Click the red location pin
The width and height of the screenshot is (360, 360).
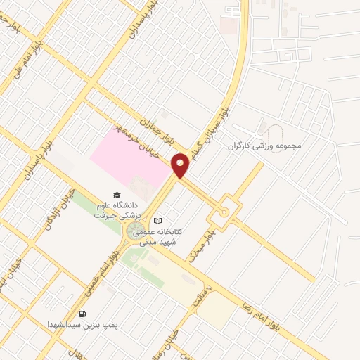[181, 165]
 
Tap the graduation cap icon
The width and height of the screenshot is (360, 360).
[115, 195]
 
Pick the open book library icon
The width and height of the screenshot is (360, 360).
[157, 220]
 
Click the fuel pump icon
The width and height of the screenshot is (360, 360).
[84, 314]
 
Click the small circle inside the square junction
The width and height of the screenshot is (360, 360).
[224, 211]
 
